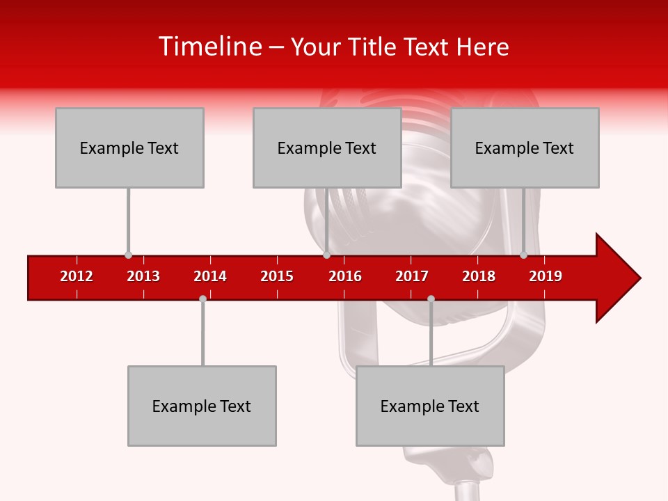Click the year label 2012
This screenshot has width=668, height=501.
tap(77, 276)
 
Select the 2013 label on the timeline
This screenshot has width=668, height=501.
tap(143, 276)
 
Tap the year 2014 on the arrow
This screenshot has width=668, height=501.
tap(210, 276)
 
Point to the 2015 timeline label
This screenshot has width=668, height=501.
tap(277, 276)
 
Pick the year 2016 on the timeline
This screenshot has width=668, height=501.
tap(345, 276)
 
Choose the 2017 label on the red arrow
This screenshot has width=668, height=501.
tap(412, 276)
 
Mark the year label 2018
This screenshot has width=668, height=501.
tap(479, 276)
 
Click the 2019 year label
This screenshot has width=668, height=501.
tap(546, 276)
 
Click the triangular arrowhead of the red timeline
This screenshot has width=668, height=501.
tap(615, 278)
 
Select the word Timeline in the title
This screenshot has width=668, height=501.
tap(209, 47)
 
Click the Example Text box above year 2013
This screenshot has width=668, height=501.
tap(129, 148)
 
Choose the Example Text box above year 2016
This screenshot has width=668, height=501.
tap(327, 148)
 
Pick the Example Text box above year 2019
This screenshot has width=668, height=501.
tap(525, 148)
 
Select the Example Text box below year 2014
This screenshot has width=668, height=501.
tap(202, 406)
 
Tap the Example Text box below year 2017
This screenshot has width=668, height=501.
tap(430, 406)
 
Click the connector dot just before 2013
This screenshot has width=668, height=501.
tap(128, 255)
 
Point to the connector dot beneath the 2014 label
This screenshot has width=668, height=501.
tap(202, 299)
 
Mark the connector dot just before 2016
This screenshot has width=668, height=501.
tap(326, 255)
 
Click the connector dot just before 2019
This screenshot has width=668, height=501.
tap(524, 255)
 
